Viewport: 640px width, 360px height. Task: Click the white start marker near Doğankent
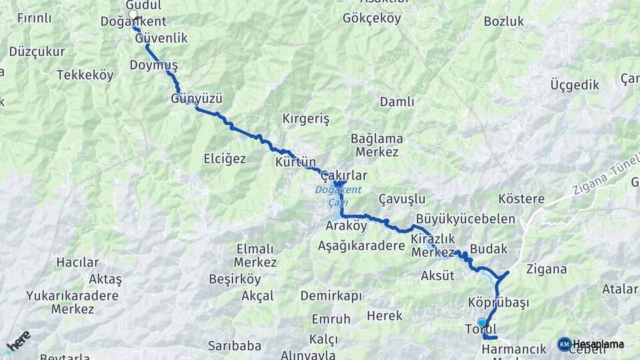coord(133,14)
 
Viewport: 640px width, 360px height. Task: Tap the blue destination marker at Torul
coord(482,323)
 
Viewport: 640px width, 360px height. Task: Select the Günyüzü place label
coord(196,99)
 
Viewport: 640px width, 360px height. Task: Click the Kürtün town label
coord(295,161)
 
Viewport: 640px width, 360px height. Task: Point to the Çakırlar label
coord(344,175)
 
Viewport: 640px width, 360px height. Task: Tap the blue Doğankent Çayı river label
coord(338,196)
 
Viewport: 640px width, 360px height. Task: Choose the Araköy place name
coord(347,225)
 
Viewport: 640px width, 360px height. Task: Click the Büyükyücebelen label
coord(465,219)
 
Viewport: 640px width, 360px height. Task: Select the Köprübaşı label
coord(499,303)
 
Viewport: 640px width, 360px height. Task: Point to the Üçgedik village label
coord(575,85)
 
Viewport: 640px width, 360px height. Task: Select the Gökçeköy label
coord(372,19)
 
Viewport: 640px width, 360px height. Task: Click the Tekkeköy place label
coord(85,75)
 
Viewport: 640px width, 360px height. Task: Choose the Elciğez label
coord(225,159)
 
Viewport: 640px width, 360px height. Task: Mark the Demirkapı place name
coord(331,295)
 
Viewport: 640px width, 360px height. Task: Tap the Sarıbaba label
coord(234,345)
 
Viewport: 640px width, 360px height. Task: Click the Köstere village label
coord(521,199)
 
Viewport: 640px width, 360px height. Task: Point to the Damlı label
coord(397,102)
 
